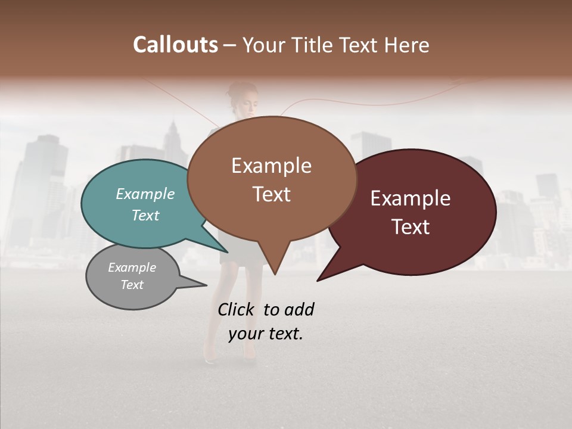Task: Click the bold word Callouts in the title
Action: coord(175,45)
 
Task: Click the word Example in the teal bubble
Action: coord(145,194)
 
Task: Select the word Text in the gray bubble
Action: coord(132,285)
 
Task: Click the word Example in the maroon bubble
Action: coord(410,198)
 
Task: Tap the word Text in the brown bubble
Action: coord(271,194)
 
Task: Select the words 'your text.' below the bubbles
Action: coord(266,334)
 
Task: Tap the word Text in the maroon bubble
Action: coord(411,227)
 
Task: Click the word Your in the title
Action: coord(264,45)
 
